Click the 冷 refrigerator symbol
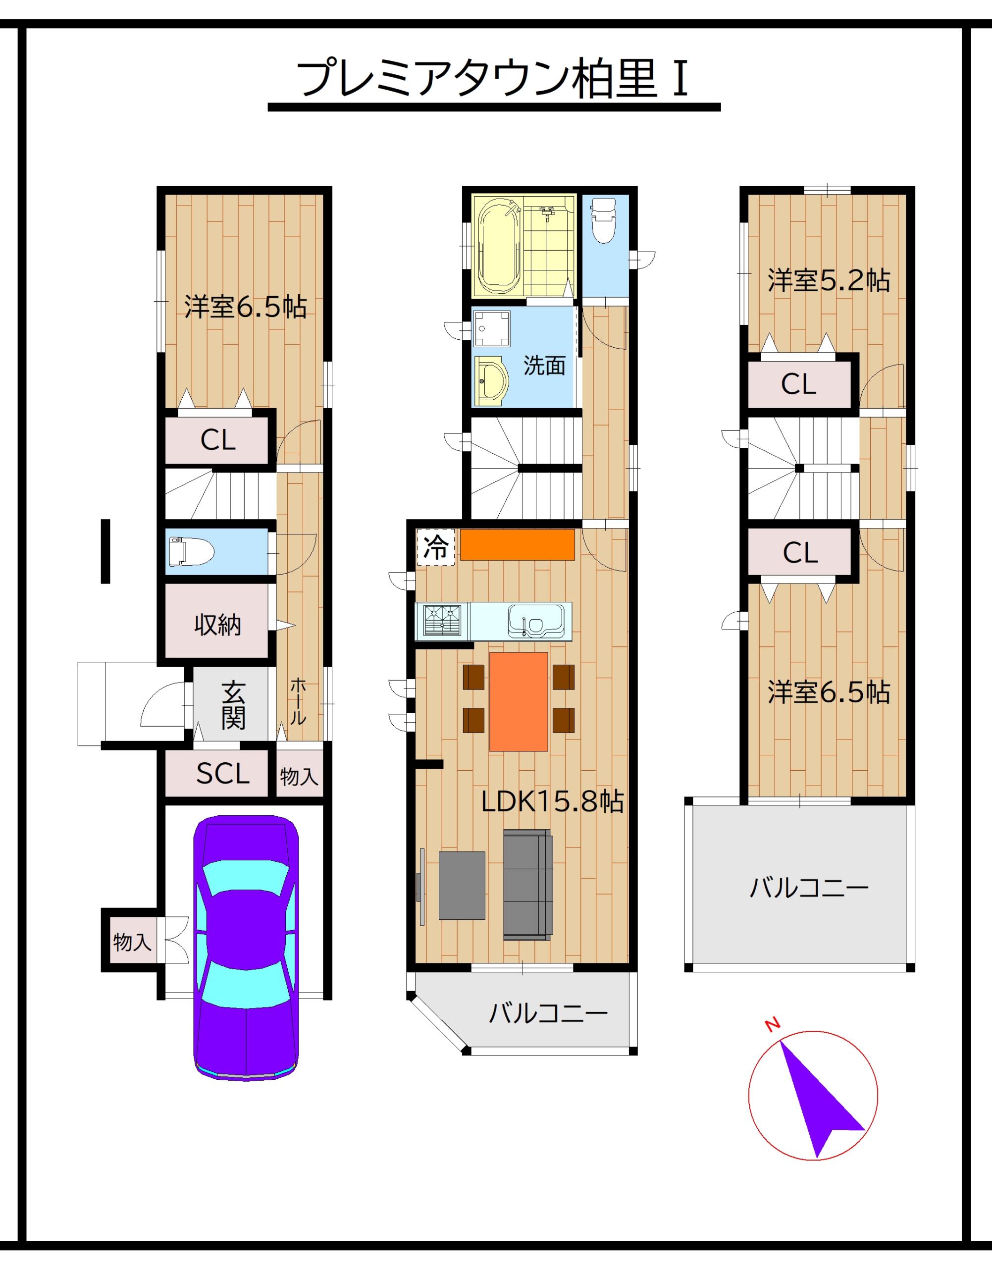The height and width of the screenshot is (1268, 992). click(x=436, y=547)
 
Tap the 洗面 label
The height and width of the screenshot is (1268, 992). click(x=544, y=366)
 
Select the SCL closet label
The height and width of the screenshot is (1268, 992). click(x=222, y=773)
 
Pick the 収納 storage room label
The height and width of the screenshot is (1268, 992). click(x=217, y=625)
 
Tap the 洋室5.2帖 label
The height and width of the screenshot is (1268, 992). click(x=829, y=280)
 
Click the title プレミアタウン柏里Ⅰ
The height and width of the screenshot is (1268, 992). click(x=494, y=79)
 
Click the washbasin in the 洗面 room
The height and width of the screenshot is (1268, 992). click(x=491, y=380)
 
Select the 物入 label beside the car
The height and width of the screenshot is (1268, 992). click(x=132, y=942)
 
